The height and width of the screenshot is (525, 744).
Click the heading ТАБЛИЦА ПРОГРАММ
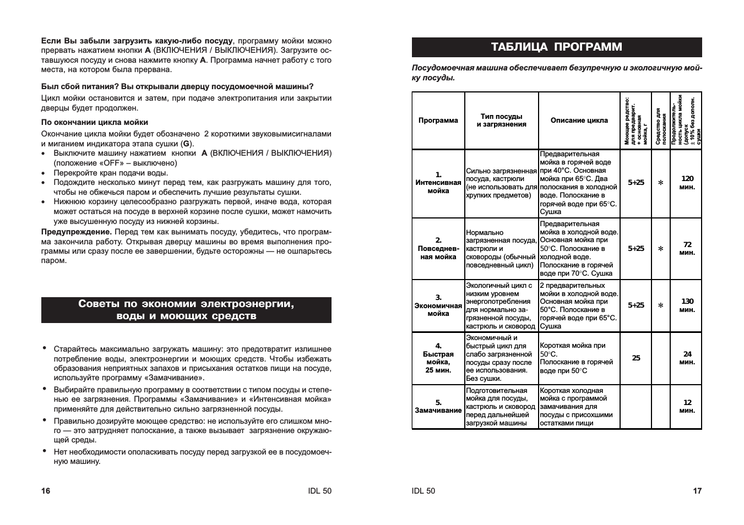coord(557,47)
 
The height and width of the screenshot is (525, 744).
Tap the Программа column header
coord(438,121)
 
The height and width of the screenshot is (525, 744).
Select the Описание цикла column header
coord(579,121)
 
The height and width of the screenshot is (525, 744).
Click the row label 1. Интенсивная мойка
coord(438,183)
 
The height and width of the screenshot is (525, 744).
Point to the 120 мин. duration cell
coord(687,183)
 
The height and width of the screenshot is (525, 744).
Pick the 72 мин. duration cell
coord(687,249)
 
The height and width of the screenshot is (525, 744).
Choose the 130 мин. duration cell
coord(687,305)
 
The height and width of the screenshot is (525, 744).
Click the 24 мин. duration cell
coord(687,358)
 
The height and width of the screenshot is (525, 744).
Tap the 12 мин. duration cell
coord(687,407)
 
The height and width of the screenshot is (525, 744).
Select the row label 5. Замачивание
coord(438,407)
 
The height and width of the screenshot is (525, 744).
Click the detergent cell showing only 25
coord(636,358)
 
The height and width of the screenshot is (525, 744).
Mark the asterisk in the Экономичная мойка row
coord(661,305)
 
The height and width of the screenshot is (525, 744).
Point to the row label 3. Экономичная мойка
coord(438,305)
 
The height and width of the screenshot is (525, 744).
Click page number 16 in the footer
coord(46,491)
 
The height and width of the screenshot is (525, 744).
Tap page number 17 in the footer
coord(697,491)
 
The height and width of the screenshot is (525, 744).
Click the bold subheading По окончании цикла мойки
coord(95,122)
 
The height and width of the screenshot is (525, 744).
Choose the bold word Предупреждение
coord(77,232)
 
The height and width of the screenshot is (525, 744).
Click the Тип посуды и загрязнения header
coord(501,121)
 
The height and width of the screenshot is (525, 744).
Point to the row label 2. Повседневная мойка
coord(438,249)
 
